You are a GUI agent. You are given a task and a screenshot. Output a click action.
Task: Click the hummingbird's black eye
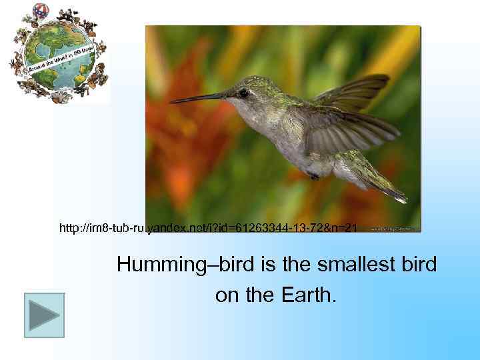(243, 93)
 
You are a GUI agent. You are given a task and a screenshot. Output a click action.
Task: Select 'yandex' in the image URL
(165, 229)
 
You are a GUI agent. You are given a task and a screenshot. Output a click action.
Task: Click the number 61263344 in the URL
(253, 229)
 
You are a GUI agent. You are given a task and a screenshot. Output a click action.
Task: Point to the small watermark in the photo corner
(393, 227)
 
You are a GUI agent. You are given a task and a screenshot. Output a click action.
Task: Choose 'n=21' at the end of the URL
(345, 229)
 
